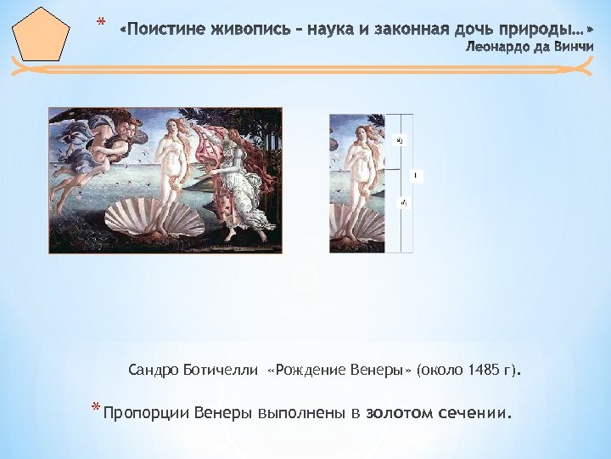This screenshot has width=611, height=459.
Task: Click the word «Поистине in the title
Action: (x=161, y=31)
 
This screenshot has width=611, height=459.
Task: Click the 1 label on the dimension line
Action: (x=415, y=177)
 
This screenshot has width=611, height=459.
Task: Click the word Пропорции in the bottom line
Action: (x=147, y=414)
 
